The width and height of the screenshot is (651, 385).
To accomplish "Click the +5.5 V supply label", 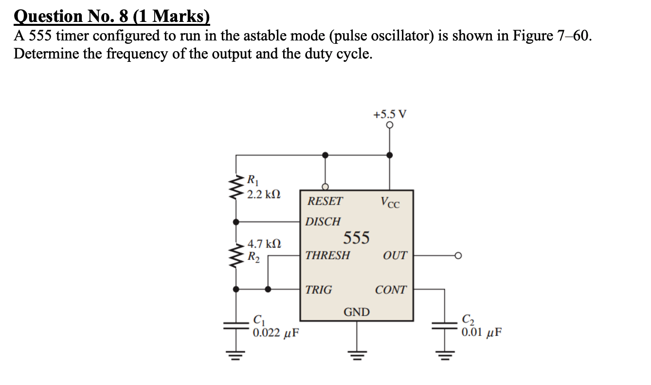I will point(390,115).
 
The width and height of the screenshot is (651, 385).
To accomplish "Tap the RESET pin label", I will point(325,201).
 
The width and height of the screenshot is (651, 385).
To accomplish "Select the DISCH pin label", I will point(323,222).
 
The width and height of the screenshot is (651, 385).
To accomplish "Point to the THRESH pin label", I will point(327,255).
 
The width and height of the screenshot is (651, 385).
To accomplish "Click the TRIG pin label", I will point(319,290).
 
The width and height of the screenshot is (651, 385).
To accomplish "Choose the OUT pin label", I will point(395,255).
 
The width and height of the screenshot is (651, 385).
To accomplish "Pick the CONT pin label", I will point(390,290).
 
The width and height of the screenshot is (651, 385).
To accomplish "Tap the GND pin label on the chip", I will point(357,312).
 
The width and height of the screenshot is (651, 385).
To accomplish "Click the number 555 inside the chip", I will point(357,238).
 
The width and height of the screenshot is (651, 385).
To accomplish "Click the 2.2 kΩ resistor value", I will point(263,194).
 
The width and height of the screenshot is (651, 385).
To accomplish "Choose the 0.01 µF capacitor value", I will point(481,333).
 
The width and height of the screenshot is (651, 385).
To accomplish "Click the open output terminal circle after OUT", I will point(457,255).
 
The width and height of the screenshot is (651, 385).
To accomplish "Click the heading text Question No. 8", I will point(112,17).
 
